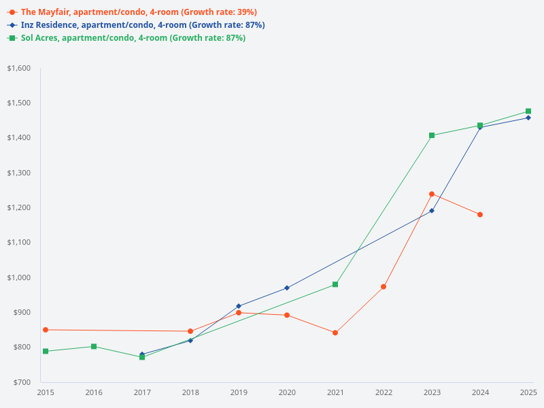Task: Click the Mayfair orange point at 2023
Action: (432, 194)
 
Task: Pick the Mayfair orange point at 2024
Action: (480, 215)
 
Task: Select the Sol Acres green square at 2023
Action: (432, 135)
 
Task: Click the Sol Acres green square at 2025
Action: (528, 112)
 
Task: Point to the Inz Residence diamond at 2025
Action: (528, 118)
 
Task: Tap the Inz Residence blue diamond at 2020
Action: (287, 288)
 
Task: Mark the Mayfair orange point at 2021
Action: (335, 333)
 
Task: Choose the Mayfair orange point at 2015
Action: (46, 330)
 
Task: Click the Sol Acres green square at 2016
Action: (94, 347)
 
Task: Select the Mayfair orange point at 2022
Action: (384, 287)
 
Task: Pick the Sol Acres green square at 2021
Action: (335, 285)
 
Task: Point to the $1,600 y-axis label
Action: (19, 68)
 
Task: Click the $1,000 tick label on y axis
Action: (19, 277)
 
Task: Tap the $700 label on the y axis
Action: (22, 382)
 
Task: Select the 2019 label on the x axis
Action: (239, 392)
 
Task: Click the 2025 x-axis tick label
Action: (528, 392)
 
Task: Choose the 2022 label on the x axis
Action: (384, 392)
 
